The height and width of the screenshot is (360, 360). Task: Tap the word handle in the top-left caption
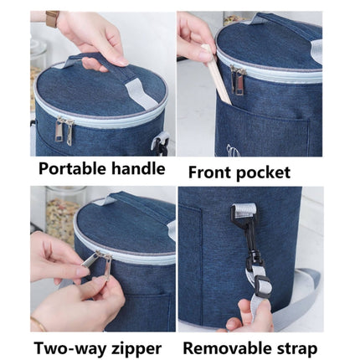click(136, 168)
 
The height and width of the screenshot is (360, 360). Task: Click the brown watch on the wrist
click(53, 18)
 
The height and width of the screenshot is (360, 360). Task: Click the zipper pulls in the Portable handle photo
click(64, 130)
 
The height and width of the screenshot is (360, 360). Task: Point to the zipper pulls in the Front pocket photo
click(239, 80)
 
